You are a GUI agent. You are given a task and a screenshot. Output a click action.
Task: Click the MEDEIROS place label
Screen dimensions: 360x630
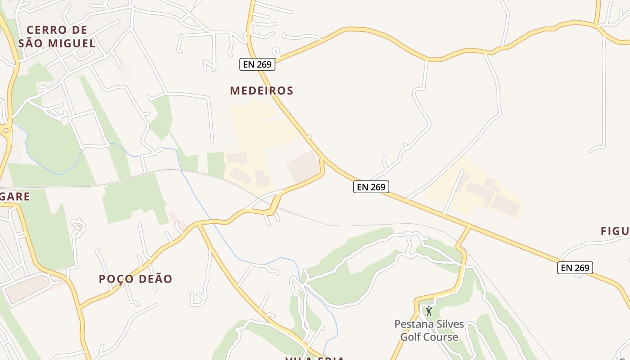pos(261,90)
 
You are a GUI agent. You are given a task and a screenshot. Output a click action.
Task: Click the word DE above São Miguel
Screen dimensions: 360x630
pos(79,30)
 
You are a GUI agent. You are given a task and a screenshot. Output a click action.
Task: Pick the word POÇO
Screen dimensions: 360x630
pos(117,279)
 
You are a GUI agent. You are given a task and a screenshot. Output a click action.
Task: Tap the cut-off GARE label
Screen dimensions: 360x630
pos(15,197)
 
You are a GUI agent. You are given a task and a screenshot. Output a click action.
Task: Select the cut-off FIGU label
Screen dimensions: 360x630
pos(615,231)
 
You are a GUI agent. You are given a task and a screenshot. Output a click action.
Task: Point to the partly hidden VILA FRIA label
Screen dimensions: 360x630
pos(315,358)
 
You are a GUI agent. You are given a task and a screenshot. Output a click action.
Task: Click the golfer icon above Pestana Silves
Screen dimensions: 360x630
pos(429,311)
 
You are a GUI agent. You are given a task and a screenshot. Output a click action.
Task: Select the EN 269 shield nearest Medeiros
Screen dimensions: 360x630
pos(257,64)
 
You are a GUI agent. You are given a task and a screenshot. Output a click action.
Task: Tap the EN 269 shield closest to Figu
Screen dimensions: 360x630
pos(575,268)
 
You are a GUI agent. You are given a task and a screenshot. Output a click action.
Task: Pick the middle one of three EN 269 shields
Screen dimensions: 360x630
pos(371,187)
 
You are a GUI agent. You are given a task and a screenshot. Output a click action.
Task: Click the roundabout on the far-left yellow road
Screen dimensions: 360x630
pos(6,131)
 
